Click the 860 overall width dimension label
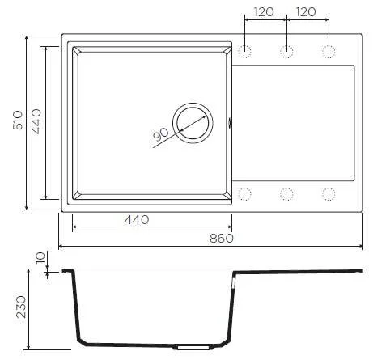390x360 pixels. click(222, 239)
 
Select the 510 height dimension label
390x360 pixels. click(18, 120)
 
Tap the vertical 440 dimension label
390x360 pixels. click(36, 121)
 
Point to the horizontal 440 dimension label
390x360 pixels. click(137, 220)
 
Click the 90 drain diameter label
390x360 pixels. click(160, 134)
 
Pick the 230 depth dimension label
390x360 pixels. click(21, 307)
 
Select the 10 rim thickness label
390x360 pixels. click(40, 258)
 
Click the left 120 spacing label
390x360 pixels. click(264, 12)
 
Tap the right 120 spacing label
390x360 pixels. click(306, 12)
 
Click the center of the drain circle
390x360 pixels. click(193, 123)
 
